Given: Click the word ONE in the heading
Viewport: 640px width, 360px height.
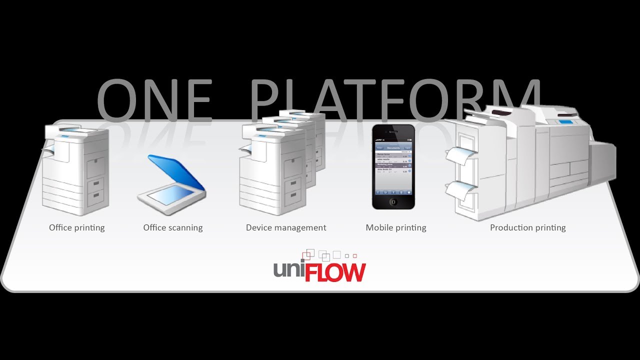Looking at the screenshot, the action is point(154,101).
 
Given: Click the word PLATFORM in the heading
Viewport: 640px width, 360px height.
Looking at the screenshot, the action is point(395,101).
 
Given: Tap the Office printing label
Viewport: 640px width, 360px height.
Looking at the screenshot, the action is point(77,227).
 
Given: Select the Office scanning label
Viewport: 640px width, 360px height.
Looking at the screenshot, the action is point(173,227).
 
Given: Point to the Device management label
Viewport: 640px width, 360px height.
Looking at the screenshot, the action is point(286,227).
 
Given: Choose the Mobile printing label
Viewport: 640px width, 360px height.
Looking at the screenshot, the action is point(396,227).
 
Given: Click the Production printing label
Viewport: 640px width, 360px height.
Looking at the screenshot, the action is point(527,227).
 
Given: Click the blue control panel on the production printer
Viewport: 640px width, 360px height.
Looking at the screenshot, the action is point(565,122).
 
